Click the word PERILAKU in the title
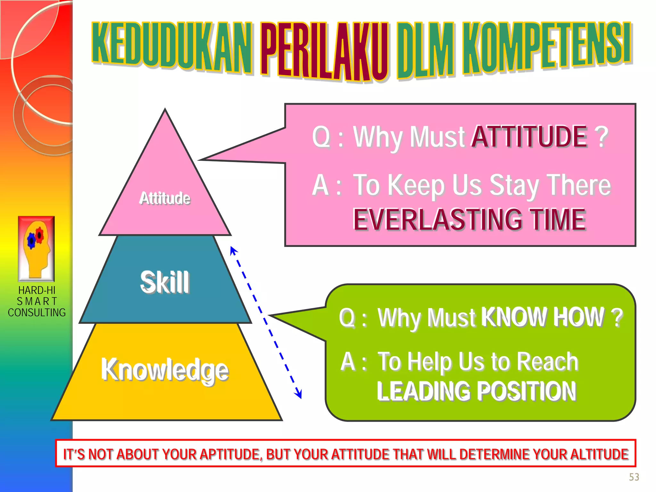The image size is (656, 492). click(324, 51)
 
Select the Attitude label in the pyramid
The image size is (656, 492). click(165, 198)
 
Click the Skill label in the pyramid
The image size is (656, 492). click(165, 282)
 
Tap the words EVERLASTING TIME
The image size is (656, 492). click(469, 219)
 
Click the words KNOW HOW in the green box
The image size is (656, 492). click(543, 317)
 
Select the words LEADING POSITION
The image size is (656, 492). click(476, 391)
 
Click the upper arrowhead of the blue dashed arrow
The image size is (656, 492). click(233, 250)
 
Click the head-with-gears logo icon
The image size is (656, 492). click(36, 249)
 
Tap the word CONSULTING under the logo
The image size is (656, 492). click(37, 312)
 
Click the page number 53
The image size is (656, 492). click(634, 477)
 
